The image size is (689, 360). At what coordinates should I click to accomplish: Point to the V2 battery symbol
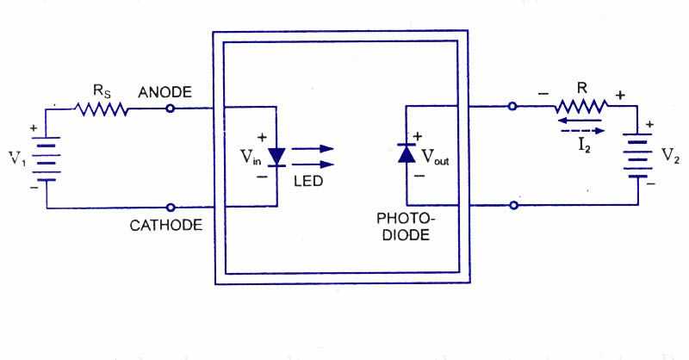tap(636, 156)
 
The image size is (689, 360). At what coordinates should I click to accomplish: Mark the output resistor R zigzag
tap(580, 108)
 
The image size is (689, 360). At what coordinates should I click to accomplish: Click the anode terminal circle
tap(171, 109)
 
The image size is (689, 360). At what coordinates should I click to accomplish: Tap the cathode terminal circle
tap(171, 207)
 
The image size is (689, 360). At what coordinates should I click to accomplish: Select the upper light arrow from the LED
tap(312, 147)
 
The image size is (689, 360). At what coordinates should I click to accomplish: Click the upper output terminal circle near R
tap(512, 108)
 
